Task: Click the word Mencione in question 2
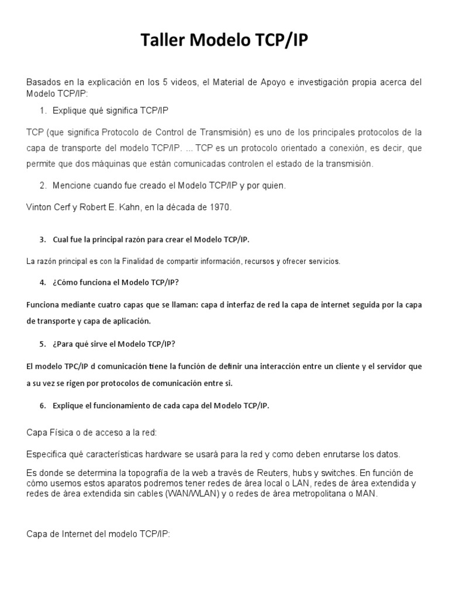coord(71,186)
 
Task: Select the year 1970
coord(219,207)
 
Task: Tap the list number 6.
coord(43,406)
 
